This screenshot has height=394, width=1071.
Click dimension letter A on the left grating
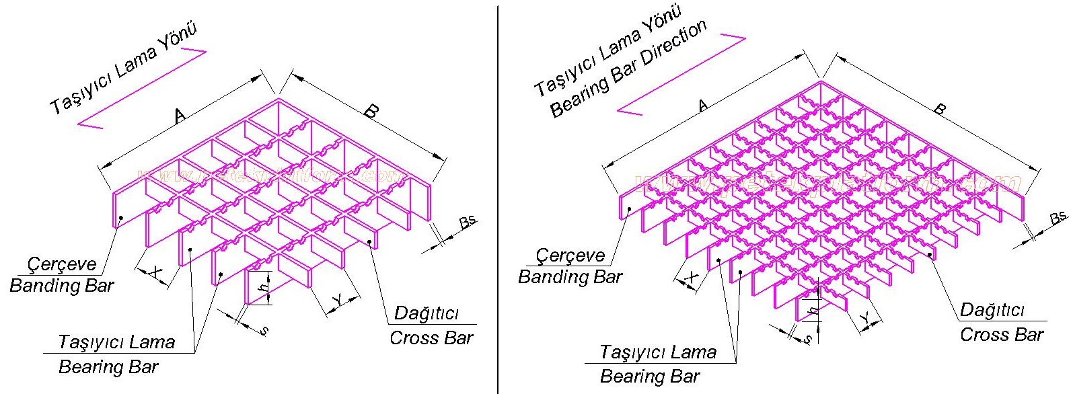180,116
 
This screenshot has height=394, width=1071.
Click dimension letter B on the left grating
370,112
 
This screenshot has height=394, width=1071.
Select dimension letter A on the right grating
703,105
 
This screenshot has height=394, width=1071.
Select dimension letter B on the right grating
940,109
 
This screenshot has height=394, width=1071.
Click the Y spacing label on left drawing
338,300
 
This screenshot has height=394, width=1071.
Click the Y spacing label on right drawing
869,318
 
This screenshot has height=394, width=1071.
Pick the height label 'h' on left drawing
265,286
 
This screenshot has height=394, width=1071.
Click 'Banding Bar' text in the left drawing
62,286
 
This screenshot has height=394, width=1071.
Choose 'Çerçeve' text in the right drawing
570,255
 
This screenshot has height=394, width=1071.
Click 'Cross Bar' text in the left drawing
431,338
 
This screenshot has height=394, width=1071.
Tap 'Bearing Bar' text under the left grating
108,367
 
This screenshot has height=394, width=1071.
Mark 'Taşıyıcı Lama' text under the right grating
657,352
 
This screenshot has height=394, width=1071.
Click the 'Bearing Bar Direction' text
628,69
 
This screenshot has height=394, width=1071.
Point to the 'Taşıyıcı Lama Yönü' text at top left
124,69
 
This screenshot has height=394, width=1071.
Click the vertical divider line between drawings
498,202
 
